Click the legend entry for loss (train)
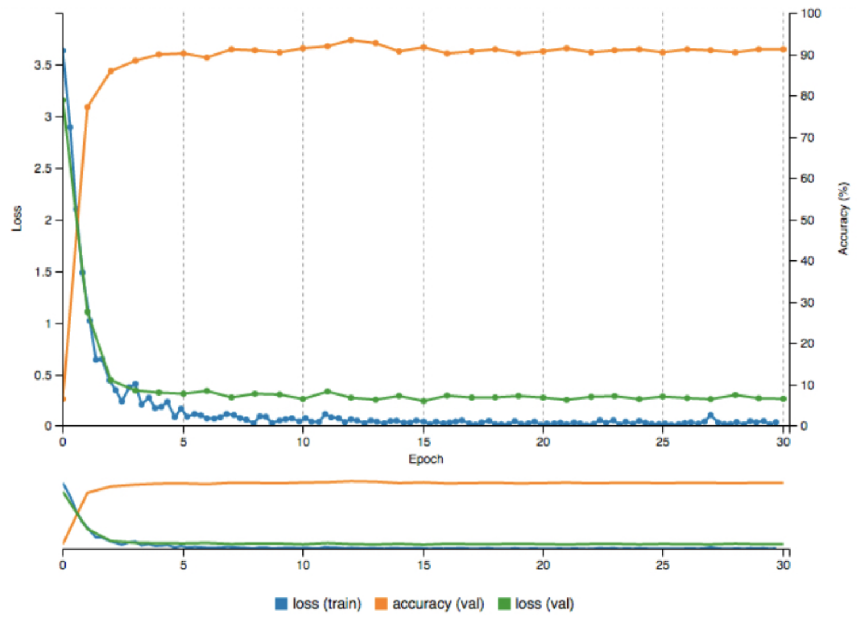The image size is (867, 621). (x=319, y=604)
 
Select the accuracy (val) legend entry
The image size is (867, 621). (x=429, y=604)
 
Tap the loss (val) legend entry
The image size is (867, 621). (x=536, y=604)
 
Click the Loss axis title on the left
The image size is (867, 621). (x=17, y=218)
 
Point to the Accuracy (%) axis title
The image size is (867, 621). (x=843, y=218)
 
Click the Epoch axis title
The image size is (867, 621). (x=425, y=459)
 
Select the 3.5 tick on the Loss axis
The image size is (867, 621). (x=43, y=65)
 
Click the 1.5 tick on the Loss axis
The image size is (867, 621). (x=43, y=272)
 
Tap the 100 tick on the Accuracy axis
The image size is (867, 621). (x=810, y=13)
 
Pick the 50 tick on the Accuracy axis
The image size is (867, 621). (x=807, y=220)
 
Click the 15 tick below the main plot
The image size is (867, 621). (x=424, y=442)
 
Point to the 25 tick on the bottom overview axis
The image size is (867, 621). (x=662, y=565)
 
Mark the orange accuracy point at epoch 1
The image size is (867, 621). (x=87, y=107)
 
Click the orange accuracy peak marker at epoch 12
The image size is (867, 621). (x=351, y=40)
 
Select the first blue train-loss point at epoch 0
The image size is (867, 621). (x=63, y=51)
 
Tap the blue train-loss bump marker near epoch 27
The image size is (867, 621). (x=711, y=415)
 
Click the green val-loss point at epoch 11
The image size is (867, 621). (x=328, y=392)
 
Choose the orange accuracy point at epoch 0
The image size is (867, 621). (x=63, y=399)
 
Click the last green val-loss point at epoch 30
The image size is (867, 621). (x=783, y=398)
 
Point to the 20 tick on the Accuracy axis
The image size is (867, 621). (x=807, y=343)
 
